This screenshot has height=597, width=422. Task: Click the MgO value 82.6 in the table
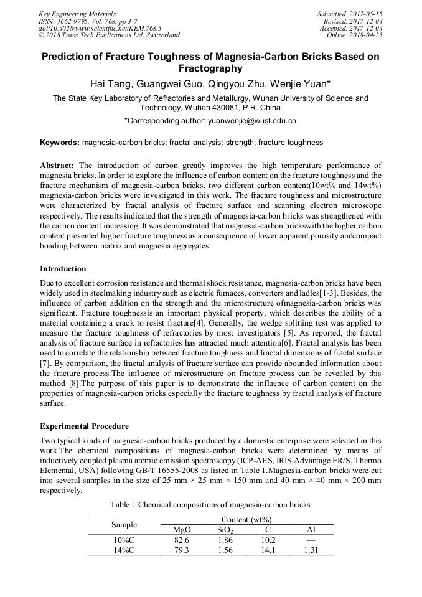tap(182, 540)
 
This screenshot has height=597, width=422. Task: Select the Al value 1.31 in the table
tap(311, 550)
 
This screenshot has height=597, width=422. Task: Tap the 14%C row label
tap(123, 550)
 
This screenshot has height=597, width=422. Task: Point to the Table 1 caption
tap(210, 504)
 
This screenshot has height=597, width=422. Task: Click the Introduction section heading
tap(63, 269)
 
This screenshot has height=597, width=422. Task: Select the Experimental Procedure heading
tap(84, 426)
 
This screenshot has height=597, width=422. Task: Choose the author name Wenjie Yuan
tap(300, 83)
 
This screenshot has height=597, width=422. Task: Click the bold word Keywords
tap(59, 143)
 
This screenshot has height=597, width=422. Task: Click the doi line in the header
tap(100, 28)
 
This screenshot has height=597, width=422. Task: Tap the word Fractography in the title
tap(210, 68)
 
